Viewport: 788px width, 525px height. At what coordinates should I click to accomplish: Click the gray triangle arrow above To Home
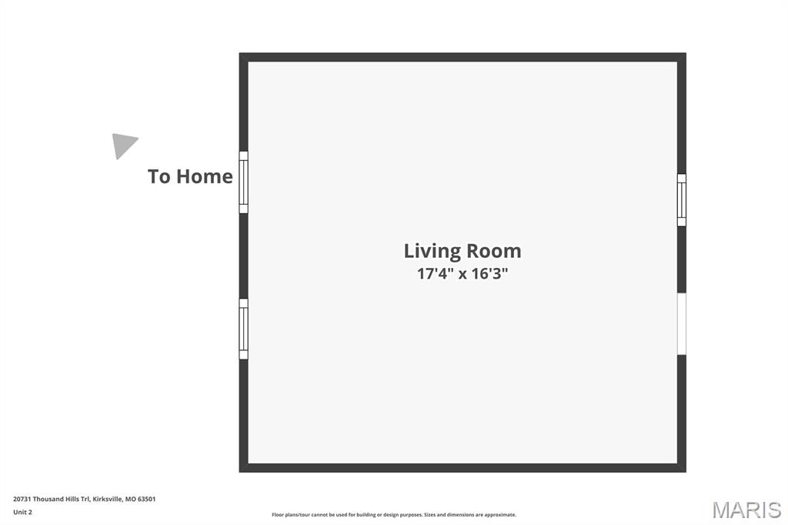(122, 145)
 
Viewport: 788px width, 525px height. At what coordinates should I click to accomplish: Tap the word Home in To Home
(205, 176)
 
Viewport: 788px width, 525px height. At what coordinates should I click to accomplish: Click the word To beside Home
(159, 176)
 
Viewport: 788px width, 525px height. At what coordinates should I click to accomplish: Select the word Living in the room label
(432, 252)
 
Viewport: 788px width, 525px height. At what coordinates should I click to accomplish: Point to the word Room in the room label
(494, 251)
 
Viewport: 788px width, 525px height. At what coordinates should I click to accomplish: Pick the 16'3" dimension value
(489, 273)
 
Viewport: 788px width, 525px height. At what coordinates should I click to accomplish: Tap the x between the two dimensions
(462, 275)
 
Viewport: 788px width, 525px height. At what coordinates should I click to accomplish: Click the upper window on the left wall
(243, 182)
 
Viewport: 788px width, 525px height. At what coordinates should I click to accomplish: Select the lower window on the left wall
(243, 329)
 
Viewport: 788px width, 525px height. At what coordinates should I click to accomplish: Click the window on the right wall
(682, 199)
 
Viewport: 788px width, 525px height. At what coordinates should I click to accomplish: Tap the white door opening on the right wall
(682, 324)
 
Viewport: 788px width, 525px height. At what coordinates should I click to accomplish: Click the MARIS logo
(746, 510)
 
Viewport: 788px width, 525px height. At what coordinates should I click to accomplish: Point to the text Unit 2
(22, 512)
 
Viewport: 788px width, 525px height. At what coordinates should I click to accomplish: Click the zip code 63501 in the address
(147, 499)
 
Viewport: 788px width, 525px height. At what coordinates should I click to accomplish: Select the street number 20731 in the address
(22, 499)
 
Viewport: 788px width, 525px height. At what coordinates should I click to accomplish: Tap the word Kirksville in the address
(107, 499)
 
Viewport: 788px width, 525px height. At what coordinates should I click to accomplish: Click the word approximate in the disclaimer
(500, 515)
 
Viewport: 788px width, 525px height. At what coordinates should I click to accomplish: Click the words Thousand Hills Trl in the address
(62, 499)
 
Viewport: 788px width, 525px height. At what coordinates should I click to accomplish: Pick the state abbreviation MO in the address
(130, 499)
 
